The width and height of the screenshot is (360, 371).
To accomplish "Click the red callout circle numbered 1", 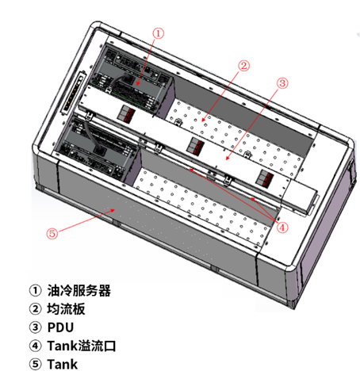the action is [159, 33].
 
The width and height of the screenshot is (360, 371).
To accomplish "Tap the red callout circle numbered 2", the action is [243, 66].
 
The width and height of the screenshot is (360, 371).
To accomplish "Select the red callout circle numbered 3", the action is [282, 83].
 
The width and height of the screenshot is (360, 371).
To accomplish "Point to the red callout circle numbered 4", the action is [282, 228].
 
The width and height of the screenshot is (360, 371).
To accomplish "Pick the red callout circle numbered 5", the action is [52, 233].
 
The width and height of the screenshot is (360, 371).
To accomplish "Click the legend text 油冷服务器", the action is [79, 290].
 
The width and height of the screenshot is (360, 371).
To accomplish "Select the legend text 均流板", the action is [66, 309].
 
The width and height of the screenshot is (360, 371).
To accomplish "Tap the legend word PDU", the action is [60, 327].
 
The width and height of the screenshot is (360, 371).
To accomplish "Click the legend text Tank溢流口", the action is [82, 346].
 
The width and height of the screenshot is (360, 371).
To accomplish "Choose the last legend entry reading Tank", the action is [63, 364].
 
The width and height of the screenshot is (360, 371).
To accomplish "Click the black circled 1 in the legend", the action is [35, 290].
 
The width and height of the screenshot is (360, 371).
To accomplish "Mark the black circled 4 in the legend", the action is [35, 346].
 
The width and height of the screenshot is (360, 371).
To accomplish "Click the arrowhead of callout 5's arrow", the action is [113, 210].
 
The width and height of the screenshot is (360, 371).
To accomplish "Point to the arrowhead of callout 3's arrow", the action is [227, 159].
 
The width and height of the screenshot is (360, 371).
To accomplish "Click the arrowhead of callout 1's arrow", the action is [138, 83].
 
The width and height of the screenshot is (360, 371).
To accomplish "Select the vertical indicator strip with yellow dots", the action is [73, 93].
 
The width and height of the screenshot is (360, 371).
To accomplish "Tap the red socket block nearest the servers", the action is [126, 114].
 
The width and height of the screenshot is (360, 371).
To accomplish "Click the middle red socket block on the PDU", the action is [195, 146].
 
